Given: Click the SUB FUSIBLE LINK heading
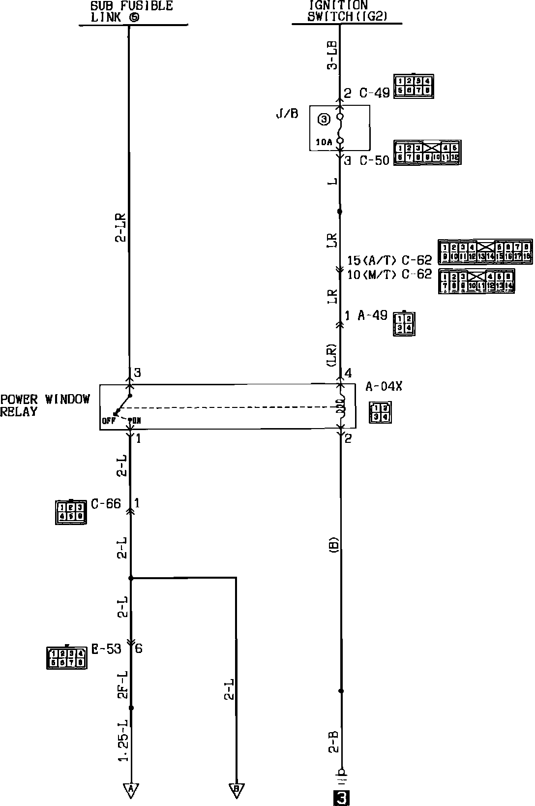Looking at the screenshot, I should coord(132,11).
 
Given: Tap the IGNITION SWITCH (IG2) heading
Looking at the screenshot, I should coord(347,11).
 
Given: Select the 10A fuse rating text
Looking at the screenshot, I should coord(324,143).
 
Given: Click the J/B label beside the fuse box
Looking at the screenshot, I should coord(287,114).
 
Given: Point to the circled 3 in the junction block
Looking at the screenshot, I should coord(323,119).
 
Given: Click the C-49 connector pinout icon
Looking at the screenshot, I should coord(414,87).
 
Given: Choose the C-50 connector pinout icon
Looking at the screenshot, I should coord(427,153).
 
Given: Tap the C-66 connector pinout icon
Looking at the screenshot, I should coord(71,512).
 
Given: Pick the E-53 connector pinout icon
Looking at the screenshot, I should coord(66,658).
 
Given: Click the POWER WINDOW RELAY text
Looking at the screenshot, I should coord(45,405).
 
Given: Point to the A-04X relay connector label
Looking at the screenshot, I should coord(384,386).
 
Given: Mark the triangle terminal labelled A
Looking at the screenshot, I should coord(131,790).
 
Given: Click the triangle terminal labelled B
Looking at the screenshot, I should coord(237,790).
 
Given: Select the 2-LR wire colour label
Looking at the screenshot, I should coord(121,228).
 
